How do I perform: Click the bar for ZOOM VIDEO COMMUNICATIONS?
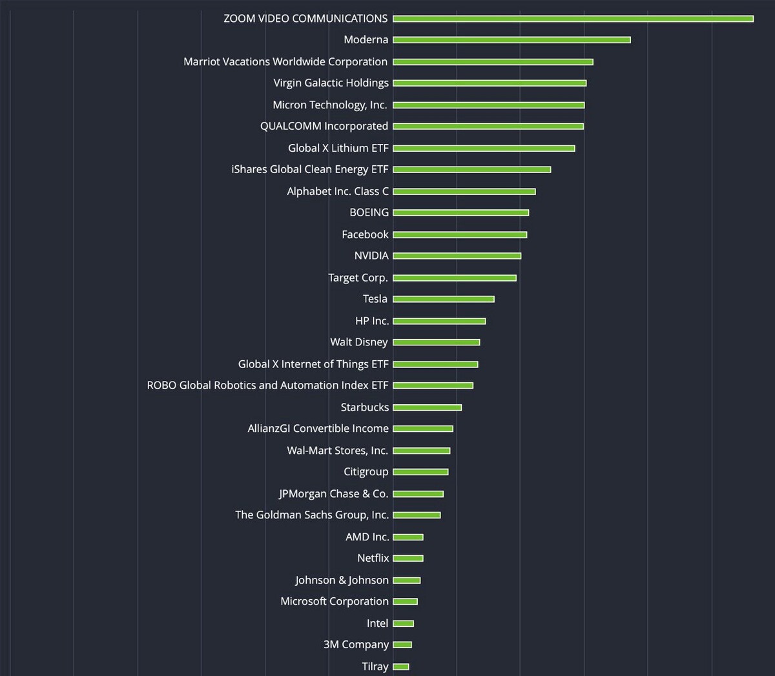(573, 19)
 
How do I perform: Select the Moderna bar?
(512, 40)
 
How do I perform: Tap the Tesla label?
(375, 299)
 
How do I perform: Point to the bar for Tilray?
(401, 666)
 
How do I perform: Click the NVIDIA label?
(371, 256)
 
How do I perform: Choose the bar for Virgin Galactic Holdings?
(490, 83)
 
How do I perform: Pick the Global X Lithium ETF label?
(338, 148)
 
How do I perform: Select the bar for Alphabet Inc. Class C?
(464, 191)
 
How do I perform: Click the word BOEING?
(369, 212)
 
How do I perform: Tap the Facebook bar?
(460, 234)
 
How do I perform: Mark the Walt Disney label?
(359, 342)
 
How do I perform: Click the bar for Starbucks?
(428, 407)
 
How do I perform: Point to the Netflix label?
(373, 558)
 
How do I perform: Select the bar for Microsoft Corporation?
(406, 602)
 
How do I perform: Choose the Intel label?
(378, 623)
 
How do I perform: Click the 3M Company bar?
(402, 644)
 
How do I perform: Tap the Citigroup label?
(366, 472)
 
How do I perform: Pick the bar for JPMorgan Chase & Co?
(418, 494)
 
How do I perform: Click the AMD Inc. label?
(367, 537)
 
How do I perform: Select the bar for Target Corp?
(455, 278)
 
